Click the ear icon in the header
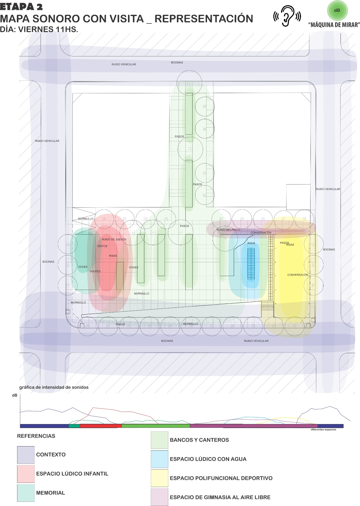pyautogui.click(x=287, y=16)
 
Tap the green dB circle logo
pyautogui.click(x=337, y=11)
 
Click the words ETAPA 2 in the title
pyautogui.click(x=21, y=7)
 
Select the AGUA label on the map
pyautogui.click(x=251, y=243)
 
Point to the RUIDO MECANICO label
pyautogui.click(x=228, y=230)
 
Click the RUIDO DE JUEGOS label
pyautogui.click(x=114, y=239)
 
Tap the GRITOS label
pyautogui.click(x=102, y=246)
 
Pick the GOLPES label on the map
pyautogui.click(x=95, y=271)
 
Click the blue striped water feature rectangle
pyautogui.click(x=251, y=264)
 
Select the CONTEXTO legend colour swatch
pyautogui.click(x=26, y=455)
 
